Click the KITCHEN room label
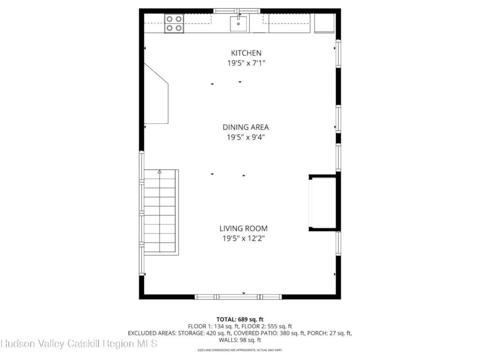pos(246,53)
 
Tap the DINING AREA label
pos(246,127)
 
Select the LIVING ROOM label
pos(243,228)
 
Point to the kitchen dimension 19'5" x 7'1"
pos(246,63)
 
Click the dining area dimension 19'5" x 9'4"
pos(246,137)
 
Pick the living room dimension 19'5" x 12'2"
pos(243,238)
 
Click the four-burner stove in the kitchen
pos(174,23)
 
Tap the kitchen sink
pos(239,23)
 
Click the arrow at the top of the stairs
pos(159,172)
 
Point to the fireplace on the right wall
pos(324,202)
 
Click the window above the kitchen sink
pos(237,11)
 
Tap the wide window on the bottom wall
pos(238,297)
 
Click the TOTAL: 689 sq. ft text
pos(240,319)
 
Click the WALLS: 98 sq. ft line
pos(240,340)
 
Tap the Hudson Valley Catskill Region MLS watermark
pos(79,344)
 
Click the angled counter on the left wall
pos(156,94)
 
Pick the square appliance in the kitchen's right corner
pos(324,23)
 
